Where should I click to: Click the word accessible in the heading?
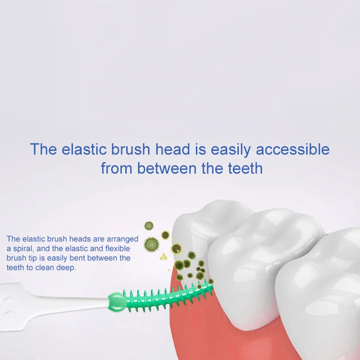(x=293, y=149)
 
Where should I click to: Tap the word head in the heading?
(x=173, y=149)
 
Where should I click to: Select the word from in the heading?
(x=117, y=168)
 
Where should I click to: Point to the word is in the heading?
(x=200, y=149)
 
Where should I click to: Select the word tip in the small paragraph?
(x=32, y=258)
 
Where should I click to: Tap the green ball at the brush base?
(x=117, y=302)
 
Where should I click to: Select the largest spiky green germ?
(x=152, y=244)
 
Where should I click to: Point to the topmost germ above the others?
(x=149, y=226)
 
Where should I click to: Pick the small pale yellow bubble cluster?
(x=163, y=257)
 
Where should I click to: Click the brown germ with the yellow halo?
(x=176, y=249)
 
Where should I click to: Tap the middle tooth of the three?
(x=264, y=264)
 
